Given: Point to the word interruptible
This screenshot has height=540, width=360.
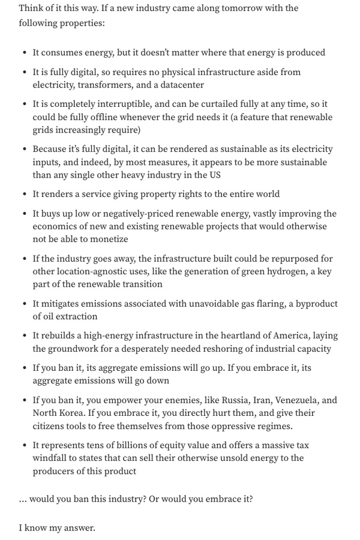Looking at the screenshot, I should coord(114,104).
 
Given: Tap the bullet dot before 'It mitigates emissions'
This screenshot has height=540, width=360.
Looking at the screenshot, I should coord(24,304).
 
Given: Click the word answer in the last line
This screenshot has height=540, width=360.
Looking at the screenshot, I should coord(80,529).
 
